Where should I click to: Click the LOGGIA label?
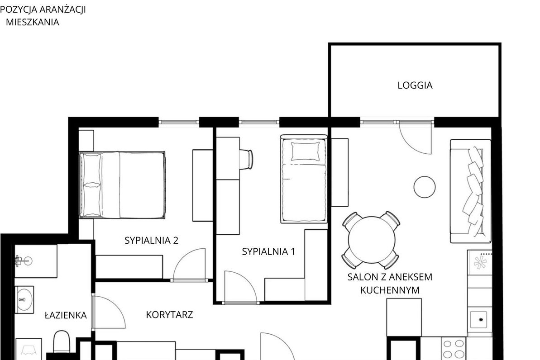tap(415, 85)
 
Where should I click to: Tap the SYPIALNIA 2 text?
tap(151, 240)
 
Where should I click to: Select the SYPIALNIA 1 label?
tap(268, 251)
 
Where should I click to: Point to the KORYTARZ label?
tap(169, 315)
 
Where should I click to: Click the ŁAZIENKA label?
tap(66, 315)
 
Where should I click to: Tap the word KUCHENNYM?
tap(390, 290)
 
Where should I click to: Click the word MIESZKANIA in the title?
tap(33, 22)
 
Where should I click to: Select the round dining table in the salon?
tap(372, 240)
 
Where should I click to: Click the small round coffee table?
tap(424, 187)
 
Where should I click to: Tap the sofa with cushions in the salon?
tap(470, 191)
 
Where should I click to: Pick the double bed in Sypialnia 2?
tap(122, 185)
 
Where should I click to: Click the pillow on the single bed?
tap(305, 151)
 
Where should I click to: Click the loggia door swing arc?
tap(410, 145)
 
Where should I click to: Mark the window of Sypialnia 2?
tap(179, 122)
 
